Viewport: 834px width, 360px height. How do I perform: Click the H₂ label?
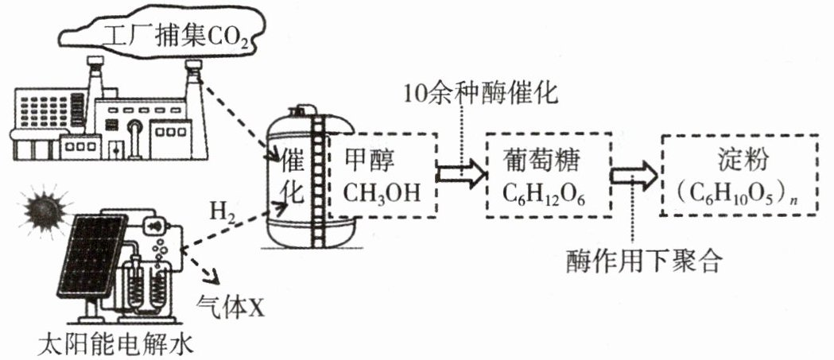221,214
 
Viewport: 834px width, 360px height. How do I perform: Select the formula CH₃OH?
382,193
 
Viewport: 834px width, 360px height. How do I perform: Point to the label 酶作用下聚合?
644,261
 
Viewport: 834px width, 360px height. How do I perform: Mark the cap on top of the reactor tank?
301,110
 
